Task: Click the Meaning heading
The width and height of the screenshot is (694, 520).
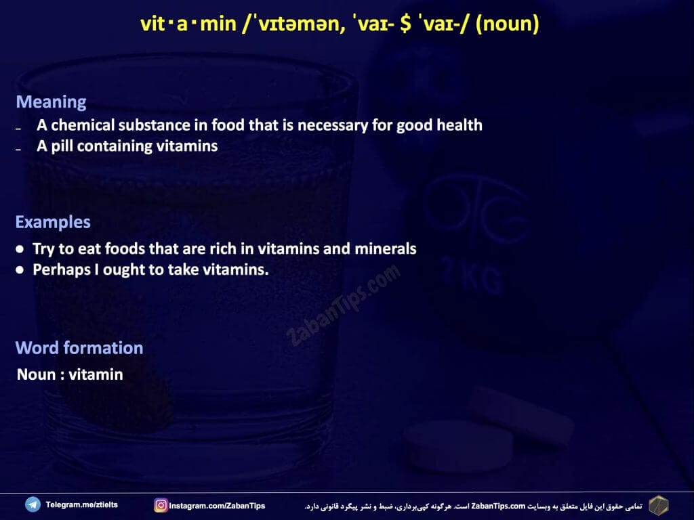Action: point(51,102)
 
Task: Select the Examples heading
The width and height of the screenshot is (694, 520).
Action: point(53,222)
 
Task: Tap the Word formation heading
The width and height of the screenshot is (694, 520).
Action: point(79,348)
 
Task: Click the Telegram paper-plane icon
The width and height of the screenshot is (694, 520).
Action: point(33,504)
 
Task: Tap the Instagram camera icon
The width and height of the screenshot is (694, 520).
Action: point(161,505)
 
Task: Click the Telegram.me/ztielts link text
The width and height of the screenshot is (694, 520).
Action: point(82,504)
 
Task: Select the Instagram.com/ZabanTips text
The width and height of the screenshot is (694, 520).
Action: point(217,505)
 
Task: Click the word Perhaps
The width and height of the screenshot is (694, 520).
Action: point(62,269)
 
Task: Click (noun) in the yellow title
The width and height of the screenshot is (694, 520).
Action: point(507,24)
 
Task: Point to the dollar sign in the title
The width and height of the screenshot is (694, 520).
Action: point(405,24)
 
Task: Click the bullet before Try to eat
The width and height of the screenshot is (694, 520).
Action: point(20,249)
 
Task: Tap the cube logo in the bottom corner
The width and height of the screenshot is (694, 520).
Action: point(659,505)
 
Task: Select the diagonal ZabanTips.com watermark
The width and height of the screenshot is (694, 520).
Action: point(343,305)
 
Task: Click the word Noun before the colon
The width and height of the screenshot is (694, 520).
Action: point(37,374)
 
